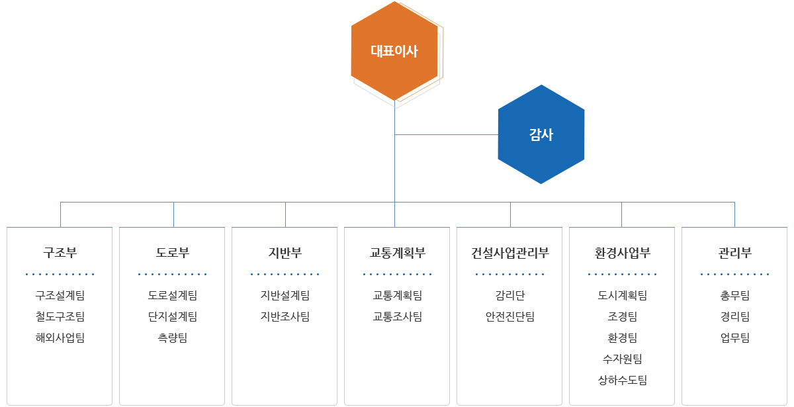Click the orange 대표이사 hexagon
(394, 51)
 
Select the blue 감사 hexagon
(541, 134)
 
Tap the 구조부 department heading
(60, 253)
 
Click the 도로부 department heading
(173, 253)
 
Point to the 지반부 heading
(285, 253)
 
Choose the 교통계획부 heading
(398, 253)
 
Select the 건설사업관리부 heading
(509, 253)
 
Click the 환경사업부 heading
(623, 253)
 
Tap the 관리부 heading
(735, 253)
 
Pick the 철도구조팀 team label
(60, 316)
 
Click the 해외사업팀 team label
(60, 338)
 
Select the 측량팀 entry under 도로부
(173, 338)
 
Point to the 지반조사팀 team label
(285, 316)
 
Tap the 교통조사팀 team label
(398, 316)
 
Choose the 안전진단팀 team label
(509, 316)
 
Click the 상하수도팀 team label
(623, 380)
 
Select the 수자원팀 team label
(623, 359)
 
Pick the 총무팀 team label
(735, 295)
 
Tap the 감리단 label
(509, 295)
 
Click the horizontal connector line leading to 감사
(446, 135)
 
